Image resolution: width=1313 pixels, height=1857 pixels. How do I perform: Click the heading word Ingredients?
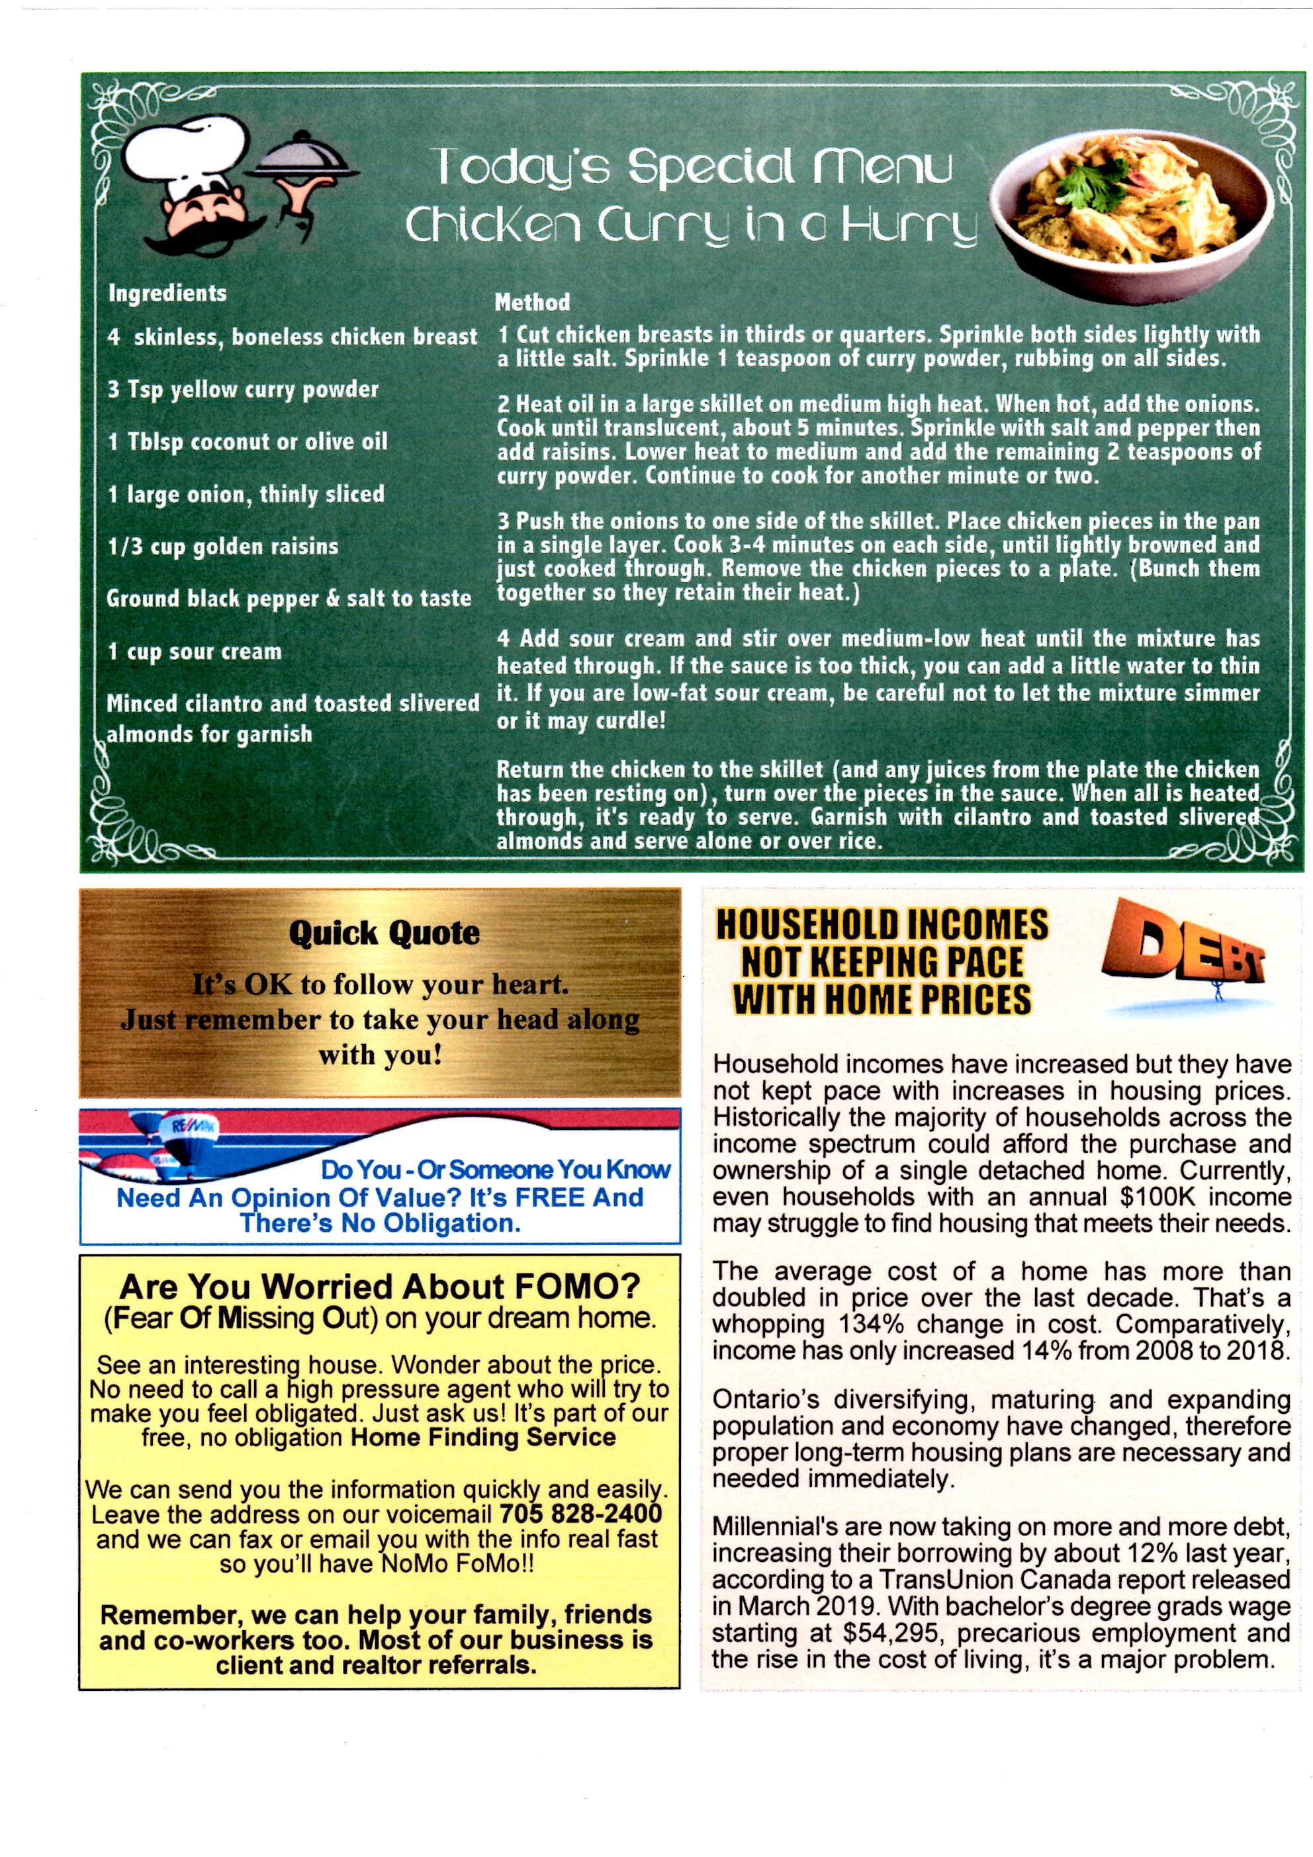167,293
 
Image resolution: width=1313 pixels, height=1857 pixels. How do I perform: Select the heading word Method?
532,302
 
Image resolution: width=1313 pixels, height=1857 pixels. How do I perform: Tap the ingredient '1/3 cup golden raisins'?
223,546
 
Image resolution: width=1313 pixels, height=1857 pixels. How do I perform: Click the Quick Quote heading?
385,933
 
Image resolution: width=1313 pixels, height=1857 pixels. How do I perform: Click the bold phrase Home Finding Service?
483,1437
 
